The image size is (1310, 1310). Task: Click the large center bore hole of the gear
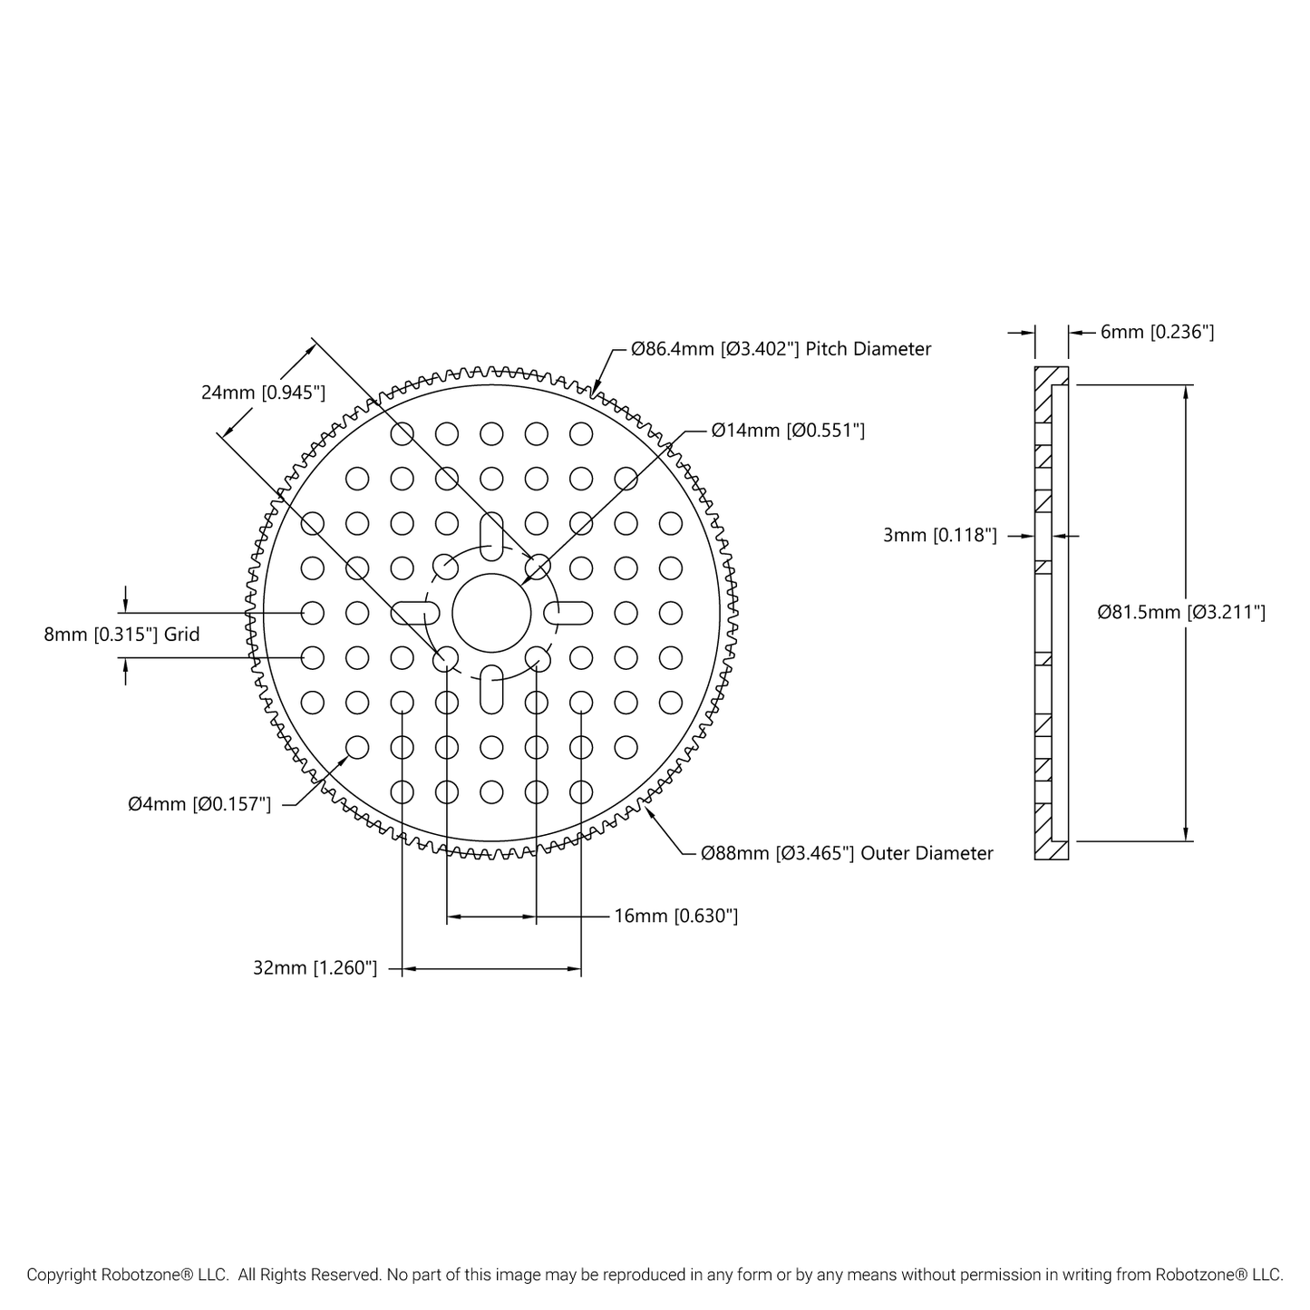click(490, 613)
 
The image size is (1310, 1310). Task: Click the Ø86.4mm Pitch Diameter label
click(781, 349)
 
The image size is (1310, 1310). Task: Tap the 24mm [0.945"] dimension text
click(263, 393)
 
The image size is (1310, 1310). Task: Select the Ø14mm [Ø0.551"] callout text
click(788, 431)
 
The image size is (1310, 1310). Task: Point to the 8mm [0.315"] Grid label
click(121, 635)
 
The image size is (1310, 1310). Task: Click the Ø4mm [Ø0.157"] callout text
click(199, 804)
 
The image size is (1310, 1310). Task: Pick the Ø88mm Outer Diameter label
click(847, 853)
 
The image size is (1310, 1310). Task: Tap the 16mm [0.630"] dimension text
click(675, 916)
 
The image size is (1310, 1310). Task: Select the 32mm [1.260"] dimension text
click(315, 967)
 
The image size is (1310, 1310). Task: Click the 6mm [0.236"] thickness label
click(1157, 332)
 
